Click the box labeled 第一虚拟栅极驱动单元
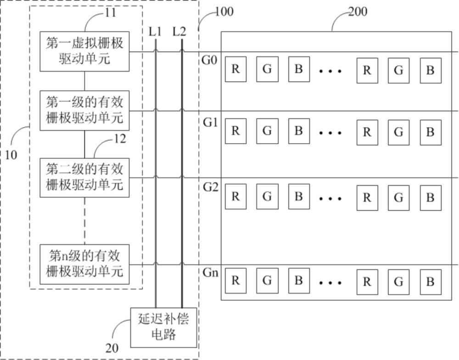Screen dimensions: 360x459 (84, 51)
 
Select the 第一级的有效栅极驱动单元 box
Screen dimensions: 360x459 (84, 110)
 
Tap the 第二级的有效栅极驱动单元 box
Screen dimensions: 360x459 (84, 177)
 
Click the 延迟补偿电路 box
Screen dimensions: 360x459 (163, 327)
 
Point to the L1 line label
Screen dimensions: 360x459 (156, 32)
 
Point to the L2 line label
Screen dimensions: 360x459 (179, 32)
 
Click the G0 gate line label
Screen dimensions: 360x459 (210, 60)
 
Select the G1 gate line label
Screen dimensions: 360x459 (210, 122)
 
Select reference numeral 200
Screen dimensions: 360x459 (358, 11)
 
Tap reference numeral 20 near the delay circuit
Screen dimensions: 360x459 (112, 348)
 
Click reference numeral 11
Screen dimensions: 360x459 (111, 12)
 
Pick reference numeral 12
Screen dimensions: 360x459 (120, 138)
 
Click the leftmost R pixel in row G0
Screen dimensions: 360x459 (235, 70)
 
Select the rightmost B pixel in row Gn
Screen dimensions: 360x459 (430, 281)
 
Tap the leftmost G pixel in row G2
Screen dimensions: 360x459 (267, 197)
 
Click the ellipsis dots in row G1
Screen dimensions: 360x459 (330, 133)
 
